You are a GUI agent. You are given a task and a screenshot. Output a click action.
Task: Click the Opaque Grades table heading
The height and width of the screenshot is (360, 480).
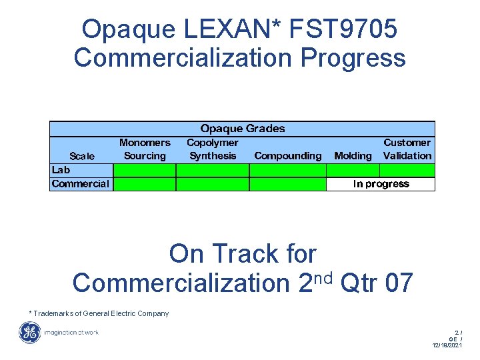[243, 129]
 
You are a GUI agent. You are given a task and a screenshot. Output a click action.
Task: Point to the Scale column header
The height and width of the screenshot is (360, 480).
[82, 156]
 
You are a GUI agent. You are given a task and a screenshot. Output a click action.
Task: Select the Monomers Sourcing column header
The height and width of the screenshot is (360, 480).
[145, 149]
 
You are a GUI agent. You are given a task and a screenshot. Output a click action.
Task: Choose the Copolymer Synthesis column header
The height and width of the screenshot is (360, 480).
[213, 149]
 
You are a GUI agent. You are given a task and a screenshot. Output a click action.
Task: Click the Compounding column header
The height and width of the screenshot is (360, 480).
[288, 156]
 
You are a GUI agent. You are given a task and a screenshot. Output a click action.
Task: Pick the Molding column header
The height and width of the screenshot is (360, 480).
[353, 156]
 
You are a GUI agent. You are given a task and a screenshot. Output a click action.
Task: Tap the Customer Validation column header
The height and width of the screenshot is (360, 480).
[407, 149]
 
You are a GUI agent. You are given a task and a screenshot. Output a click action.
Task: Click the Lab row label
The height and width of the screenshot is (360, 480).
[61, 170]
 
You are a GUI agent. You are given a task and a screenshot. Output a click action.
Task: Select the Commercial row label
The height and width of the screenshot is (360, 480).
[80, 184]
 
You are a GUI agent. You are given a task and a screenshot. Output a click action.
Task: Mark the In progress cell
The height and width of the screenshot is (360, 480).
[381, 184]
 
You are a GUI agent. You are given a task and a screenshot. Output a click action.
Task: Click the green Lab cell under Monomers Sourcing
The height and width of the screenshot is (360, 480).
[145, 170]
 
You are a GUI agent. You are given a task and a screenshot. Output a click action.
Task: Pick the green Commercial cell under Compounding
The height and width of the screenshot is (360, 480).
[288, 184]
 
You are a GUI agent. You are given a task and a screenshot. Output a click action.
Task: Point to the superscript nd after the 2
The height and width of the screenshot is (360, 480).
[323, 275]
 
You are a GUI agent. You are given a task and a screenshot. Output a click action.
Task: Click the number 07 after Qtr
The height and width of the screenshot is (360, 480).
[399, 283]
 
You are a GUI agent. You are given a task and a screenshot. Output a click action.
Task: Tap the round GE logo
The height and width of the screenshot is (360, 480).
[29, 332]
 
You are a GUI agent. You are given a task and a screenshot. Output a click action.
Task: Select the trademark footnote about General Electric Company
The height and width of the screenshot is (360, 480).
[99, 313]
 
